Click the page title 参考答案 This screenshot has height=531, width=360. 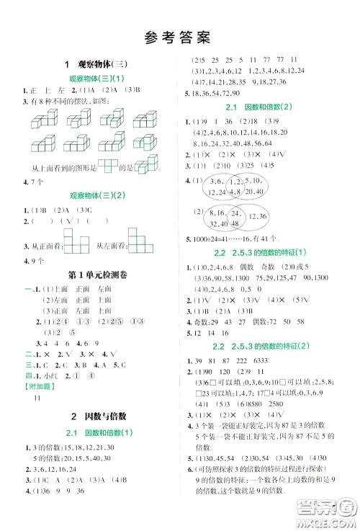180,34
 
